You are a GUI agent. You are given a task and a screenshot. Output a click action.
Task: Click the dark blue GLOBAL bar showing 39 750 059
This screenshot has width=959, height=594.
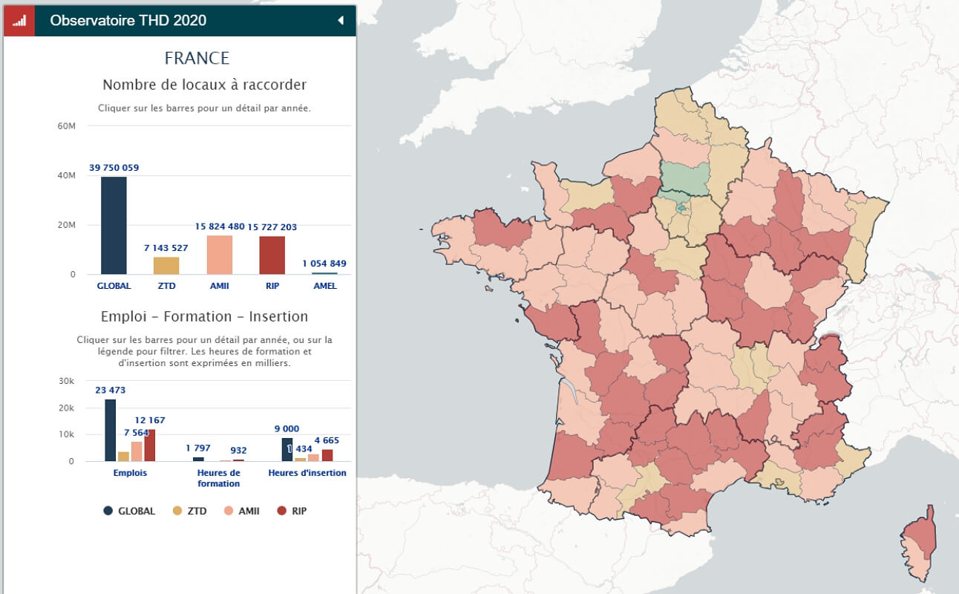click(114, 226)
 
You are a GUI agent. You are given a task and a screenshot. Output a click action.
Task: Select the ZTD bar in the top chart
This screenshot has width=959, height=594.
click(166, 266)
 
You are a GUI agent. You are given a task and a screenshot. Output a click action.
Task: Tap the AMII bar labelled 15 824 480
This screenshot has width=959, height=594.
click(219, 255)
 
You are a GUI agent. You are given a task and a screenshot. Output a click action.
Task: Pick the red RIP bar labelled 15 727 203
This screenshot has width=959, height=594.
click(272, 255)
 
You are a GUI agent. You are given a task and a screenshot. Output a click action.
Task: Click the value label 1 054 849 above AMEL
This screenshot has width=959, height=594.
click(324, 264)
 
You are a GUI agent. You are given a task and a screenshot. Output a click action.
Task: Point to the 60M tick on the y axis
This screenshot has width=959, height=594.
click(66, 126)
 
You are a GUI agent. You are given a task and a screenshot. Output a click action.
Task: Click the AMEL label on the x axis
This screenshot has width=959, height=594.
click(324, 286)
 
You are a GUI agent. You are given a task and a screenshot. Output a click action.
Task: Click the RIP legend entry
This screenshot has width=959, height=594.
click(292, 511)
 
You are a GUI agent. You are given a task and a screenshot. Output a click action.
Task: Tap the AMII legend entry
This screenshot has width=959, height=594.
click(241, 511)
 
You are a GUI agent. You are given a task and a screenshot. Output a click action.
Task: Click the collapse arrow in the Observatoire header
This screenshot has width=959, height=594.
click(341, 21)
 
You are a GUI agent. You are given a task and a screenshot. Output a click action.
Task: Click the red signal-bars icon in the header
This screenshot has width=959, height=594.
click(19, 21)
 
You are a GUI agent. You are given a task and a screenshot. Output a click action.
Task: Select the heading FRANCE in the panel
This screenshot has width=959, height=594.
click(197, 58)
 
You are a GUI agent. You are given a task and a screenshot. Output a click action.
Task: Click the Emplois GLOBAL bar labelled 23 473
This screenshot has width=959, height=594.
click(110, 431)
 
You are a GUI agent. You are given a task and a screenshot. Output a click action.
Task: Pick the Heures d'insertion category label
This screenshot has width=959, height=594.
click(307, 473)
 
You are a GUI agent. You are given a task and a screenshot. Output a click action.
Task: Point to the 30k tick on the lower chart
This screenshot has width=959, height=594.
click(67, 381)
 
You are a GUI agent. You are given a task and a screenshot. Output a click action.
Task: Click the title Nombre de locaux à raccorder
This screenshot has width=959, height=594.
click(204, 85)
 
